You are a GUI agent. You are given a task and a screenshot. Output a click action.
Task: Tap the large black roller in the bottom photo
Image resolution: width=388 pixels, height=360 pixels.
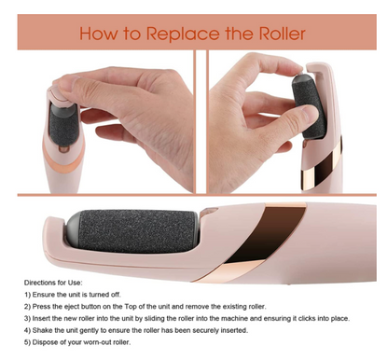point(135,238)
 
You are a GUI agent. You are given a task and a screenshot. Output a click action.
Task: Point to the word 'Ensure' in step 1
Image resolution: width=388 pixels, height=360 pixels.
point(50,294)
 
